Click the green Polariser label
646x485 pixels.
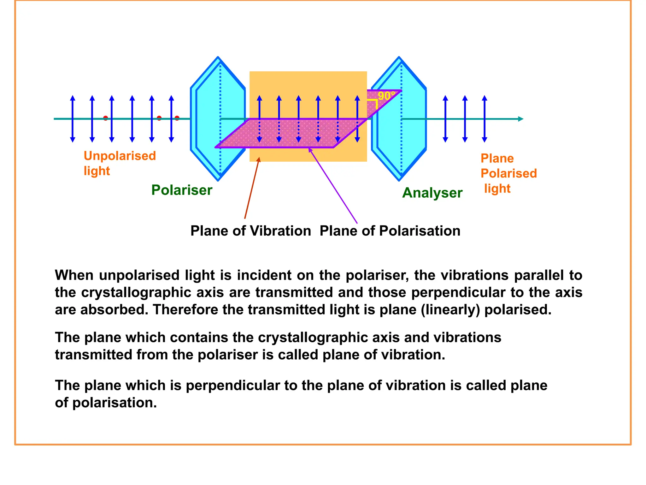[182, 190]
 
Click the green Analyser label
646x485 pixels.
[432, 193]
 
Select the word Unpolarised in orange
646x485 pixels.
[120, 156]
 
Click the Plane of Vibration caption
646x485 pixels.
[250, 231]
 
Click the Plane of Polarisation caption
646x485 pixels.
[390, 231]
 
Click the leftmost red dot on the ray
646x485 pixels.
[106, 118]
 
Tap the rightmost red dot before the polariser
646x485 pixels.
[177, 118]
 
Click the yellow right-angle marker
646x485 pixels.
[373, 103]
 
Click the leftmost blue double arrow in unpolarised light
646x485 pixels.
[73, 119]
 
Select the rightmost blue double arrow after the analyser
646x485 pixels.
[484, 119]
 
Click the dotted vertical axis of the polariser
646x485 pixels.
[220, 95]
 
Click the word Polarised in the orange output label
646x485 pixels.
[508, 173]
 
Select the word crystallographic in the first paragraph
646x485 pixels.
[136, 292]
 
